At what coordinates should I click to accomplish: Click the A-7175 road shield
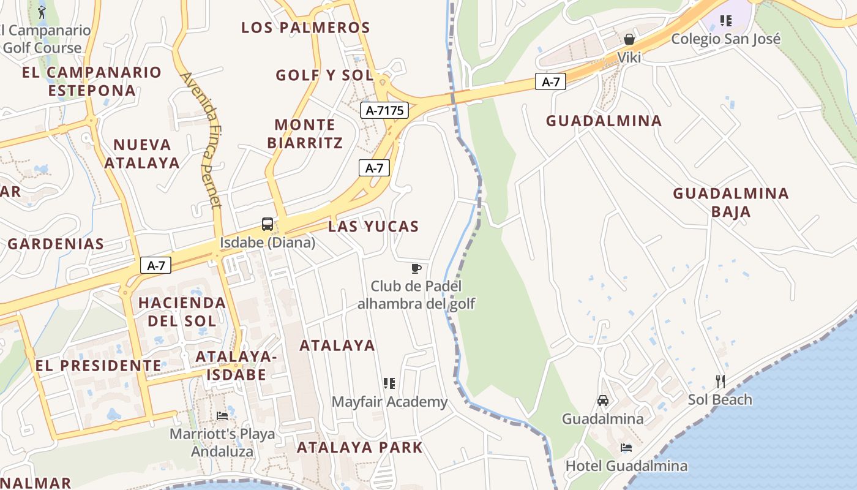pyautogui.click(x=384, y=110)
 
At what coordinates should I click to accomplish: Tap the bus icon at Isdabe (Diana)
pyautogui.click(x=268, y=224)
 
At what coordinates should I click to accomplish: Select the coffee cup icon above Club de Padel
pyautogui.click(x=416, y=268)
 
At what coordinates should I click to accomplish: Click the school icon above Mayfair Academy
pyautogui.click(x=389, y=383)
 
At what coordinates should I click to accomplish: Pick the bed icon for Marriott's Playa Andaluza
pyautogui.click(x=222, y=416)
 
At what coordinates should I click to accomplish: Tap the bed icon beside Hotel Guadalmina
pyautogui.click(x=626, y=448)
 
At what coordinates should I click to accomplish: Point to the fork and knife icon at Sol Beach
pyautogui.click(x=720, y=382)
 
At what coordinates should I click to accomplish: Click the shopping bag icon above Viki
pyautogui.click(x=629, y=40)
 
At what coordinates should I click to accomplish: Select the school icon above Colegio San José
pyautogui.click(x=726, y=21)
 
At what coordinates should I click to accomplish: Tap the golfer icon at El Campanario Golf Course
pyautogui.click(x=42, y=12)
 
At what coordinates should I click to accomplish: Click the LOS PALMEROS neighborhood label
pyautogui.click(x=305, y=28)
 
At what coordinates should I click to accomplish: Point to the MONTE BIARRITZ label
pyautogui.click(x=305, y=134)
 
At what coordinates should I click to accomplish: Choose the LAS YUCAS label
pyautogui.click(x=373, y=227)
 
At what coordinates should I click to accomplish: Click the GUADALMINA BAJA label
pyautogui.click(x=731, y=203)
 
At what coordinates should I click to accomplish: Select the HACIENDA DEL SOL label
pyautogui.click(x=182, y=311)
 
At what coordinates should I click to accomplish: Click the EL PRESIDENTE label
pyautogui.click(x=98, y=366)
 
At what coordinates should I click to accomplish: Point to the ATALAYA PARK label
pyautogui.click(x=360, y=447)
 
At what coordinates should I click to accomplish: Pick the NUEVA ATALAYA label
pyautogui.click(x=142, y=154)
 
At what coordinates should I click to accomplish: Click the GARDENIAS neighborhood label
pyautogui.click(x=56, y=244)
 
